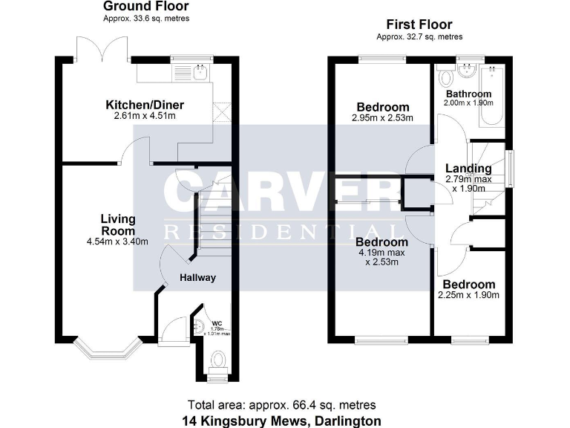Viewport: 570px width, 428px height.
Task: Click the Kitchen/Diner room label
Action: pyautogui.click(x=144, y=105)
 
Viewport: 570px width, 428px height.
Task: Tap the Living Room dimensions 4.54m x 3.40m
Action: pyautogui.click(x=117, y=241)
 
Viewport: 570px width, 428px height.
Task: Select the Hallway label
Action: pyautogui.click(x=197, y=278)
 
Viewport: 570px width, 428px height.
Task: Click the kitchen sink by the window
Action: pyautogui.click(x=200, y=72)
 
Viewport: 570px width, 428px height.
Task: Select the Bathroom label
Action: pyautogui.click(x=468, y=94)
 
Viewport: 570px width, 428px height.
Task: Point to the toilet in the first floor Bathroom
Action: pyautogui.click(x=445, y=77)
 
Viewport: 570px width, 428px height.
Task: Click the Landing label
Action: pyautogui.click(x=468, y=169)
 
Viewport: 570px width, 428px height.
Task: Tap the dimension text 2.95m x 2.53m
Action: pyautogui.click(x=382, y=117)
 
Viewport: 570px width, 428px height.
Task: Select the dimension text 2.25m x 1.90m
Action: pyautogui.click(x=468, y=295)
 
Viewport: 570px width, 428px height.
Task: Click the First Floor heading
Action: pyautogui.click(x=419, y=25)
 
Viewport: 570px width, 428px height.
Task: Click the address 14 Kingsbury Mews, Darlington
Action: pyautogui.click(x=282, y=421)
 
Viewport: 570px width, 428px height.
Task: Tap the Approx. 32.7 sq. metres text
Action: pyautogui.click(x=419, y=36)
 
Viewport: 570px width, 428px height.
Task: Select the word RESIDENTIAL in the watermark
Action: pyautogui.click(x=281, y=230)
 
